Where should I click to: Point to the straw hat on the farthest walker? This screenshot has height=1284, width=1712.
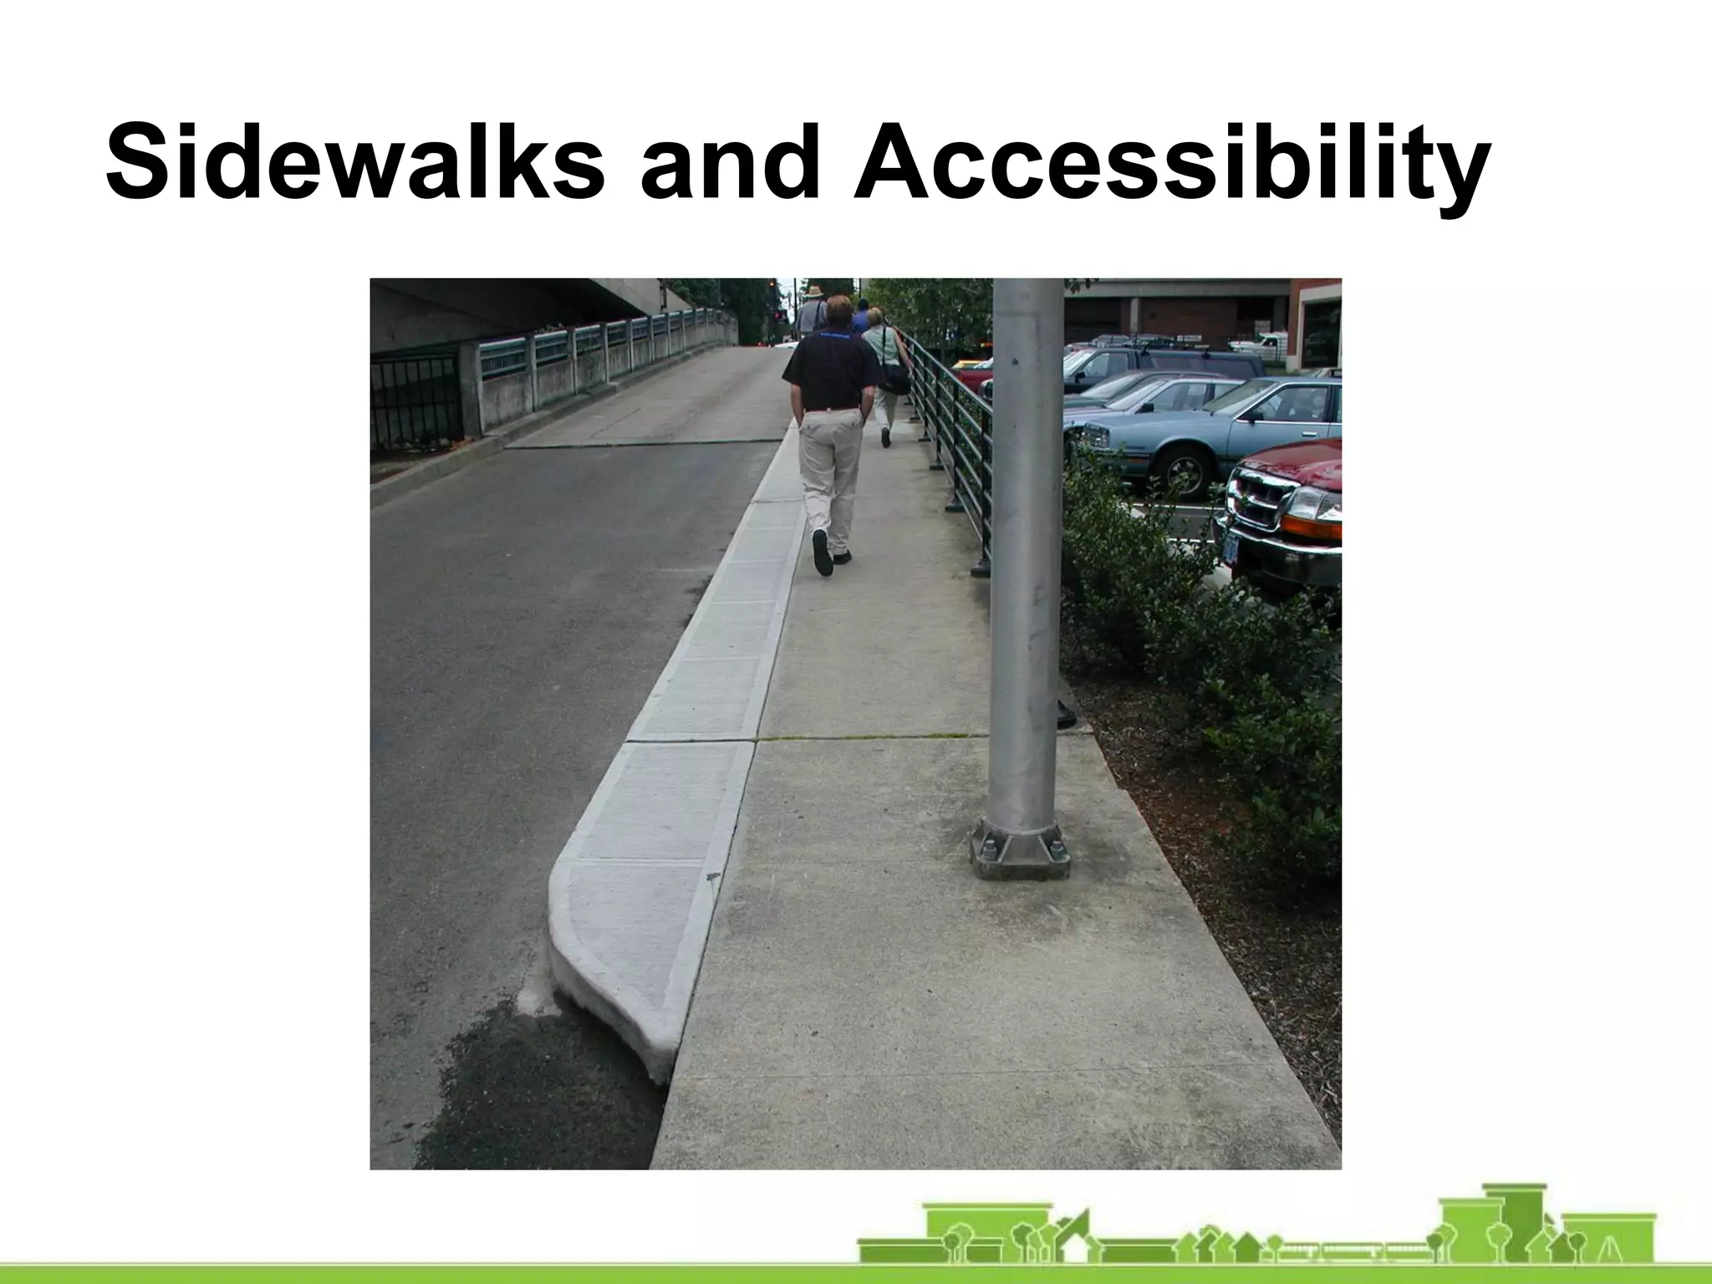pyautogui.click(x=813, y=291)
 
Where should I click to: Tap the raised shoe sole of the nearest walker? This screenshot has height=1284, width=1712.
pyautogui.click(x=823, y=553)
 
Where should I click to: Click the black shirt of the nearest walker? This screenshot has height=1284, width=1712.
pyautogui.click(x=833, y=369)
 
